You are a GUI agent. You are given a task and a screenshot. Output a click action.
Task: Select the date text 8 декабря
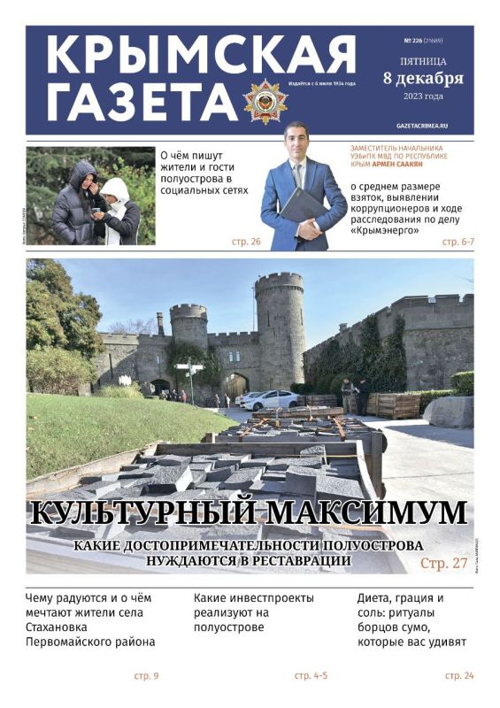423,78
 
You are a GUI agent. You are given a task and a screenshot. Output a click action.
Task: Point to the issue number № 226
412,41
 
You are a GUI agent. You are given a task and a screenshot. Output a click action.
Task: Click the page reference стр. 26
246,242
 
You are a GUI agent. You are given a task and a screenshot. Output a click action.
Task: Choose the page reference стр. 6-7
457,242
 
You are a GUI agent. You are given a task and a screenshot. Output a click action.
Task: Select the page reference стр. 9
146,676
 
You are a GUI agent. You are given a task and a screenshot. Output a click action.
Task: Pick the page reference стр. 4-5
311,676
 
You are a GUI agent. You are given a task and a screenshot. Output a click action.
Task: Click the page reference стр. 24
459,676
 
